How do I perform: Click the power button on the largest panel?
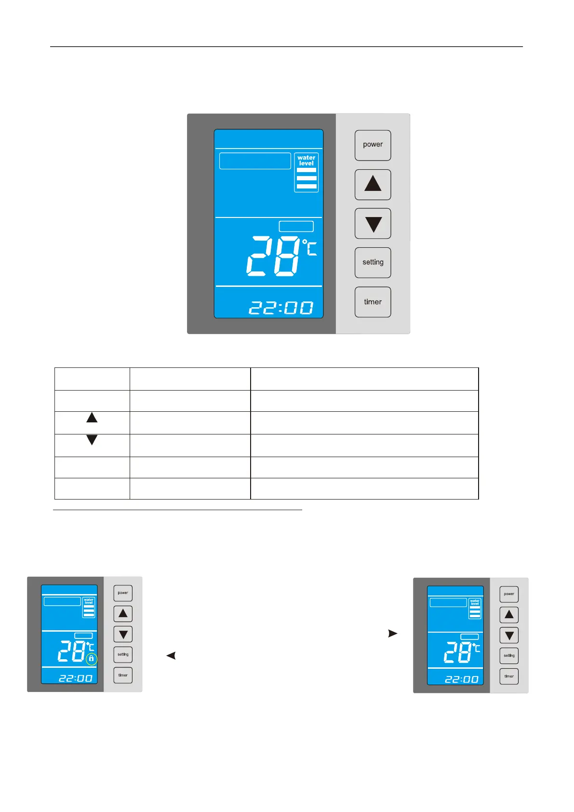coord(373,145)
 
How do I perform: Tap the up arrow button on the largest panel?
coord(373,184)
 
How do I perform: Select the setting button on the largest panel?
coord(373,262)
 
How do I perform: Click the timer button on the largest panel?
coord(373,302)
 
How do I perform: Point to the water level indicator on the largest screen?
coord(306,173)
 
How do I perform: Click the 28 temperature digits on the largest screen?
coord(273,256)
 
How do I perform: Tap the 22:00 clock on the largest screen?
coord(281,308)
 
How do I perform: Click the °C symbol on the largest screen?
coord(310,247)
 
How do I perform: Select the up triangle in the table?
coord(92,418)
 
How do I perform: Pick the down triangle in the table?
coord(92,440)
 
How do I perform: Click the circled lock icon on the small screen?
coord(91,659)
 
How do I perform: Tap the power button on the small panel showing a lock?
coord(123,593)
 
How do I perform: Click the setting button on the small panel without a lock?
coord(509,656)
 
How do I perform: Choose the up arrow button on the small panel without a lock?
coord(509,615)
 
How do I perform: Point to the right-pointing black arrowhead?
coord(393,633)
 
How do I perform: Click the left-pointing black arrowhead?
coord(171,655)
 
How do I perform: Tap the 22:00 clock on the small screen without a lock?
coord(461,679)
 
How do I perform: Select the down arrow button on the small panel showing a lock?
coord(123,634)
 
